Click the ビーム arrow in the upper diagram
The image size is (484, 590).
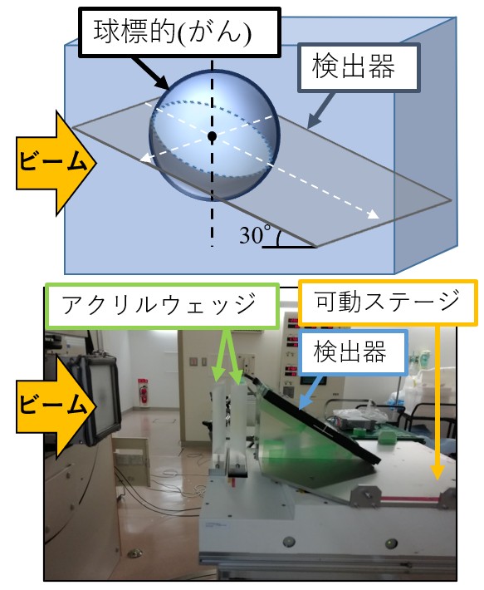(56, 164)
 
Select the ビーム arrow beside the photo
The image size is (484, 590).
(56, 406)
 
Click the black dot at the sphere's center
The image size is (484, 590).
(212, 135)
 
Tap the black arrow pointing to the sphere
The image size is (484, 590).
(149, 73)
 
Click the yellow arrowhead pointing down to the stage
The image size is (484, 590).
(437, 471)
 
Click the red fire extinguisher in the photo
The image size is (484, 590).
(143, 391)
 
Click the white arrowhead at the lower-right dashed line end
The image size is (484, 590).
(374, 214)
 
